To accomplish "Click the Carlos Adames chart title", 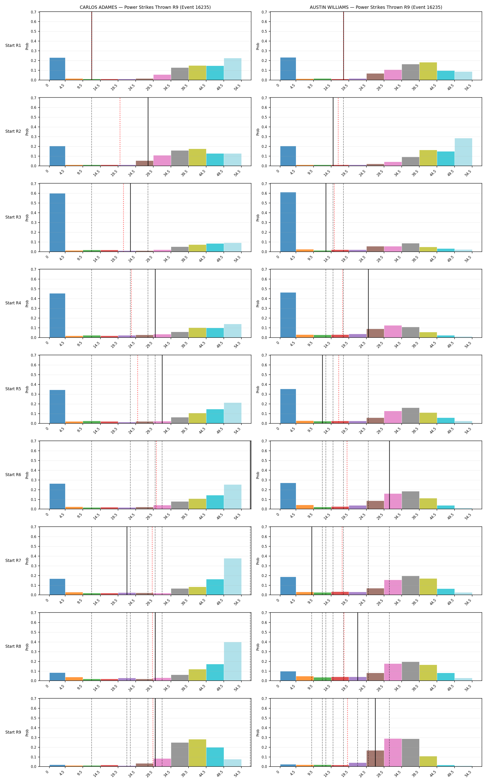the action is [145, 7].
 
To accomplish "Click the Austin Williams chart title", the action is [376, 7].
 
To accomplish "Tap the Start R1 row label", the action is [13, 45].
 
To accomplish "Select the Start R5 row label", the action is [13, 389].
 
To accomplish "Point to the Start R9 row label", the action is [13, 732].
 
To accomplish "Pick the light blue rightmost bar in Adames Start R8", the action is [233, 661].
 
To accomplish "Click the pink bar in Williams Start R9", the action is [393, 752].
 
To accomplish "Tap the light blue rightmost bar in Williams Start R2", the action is [463, 152].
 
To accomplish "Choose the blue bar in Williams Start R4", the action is [288, 315].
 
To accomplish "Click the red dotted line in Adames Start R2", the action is [120, 132].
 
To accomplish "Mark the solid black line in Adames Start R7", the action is [127, 561].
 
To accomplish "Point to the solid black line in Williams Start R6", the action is [389, 475].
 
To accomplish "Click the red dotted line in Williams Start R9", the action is [347, 732].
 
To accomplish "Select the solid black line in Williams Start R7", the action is [312, 561].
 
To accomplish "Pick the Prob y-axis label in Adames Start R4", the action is [27, 303].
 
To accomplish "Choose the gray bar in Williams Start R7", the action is [410, 585].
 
